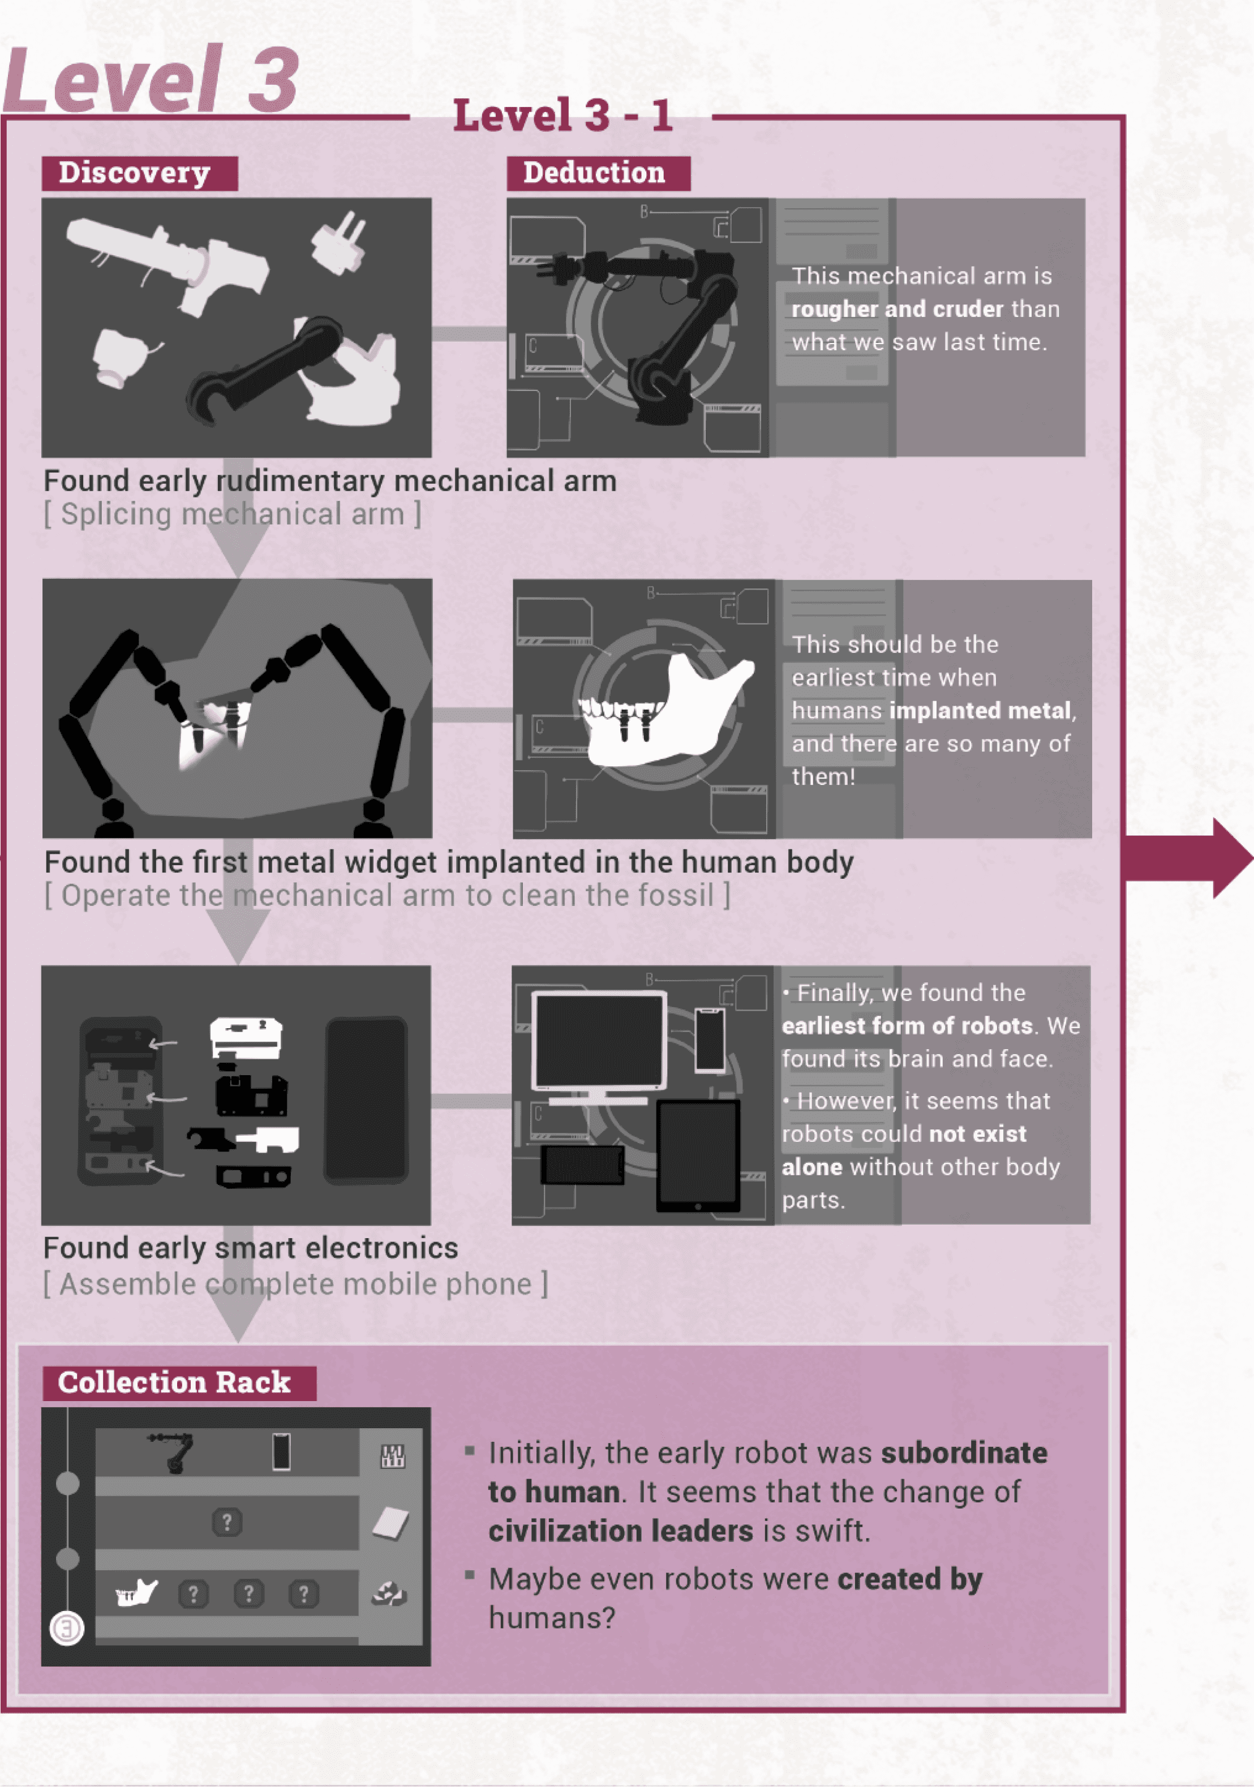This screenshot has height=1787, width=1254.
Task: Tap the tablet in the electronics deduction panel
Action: (x=697, y=1156)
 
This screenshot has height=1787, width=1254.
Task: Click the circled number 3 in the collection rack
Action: (x=67, y=1627)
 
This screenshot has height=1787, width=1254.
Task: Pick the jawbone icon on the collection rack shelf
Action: (x=136, y=1593)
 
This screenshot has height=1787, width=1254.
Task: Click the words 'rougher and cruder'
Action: (x=897, y=309)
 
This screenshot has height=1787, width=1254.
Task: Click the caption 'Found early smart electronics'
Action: (x=251, y=1248)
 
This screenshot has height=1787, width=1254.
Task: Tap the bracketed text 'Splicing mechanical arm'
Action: (x=232, y=514)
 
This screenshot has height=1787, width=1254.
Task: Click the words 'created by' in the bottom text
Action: (x=909, y=1579)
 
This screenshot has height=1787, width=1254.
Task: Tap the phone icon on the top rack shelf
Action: (x=281, y=1451)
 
